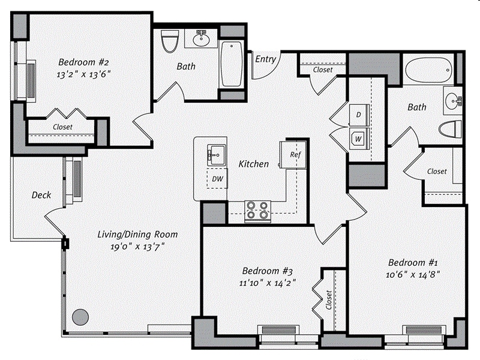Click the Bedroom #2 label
point(83,62)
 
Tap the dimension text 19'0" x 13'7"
point(130,246)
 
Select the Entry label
point(265,59)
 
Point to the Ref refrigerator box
point(295,154)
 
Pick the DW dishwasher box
point(217,178)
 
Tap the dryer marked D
point(358,114)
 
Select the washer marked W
point(358,139)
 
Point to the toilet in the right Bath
point(450,129)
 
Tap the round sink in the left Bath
point(201,40)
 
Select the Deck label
point(41,195)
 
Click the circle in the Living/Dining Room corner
point(80,316)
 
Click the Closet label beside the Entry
point(323,70)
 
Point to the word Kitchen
point(253,164)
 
